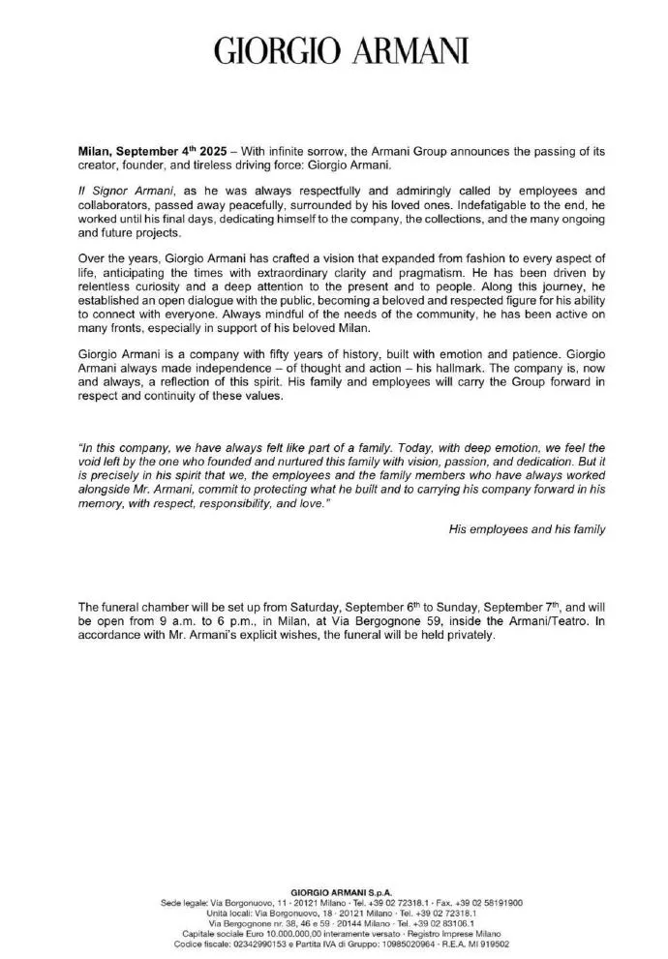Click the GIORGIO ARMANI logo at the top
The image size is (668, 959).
(x=334, y=50)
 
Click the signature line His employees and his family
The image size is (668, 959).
(x=528, y=529)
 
